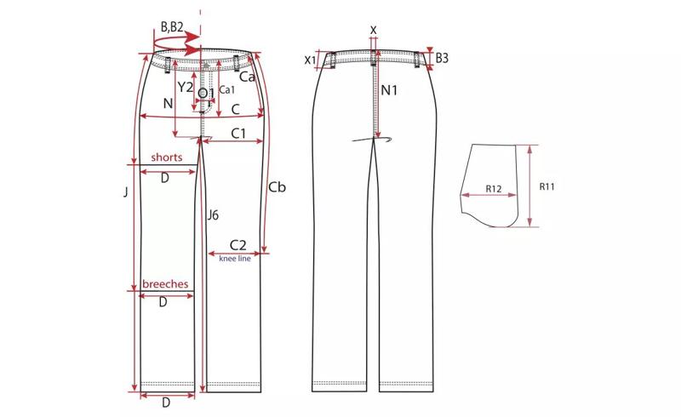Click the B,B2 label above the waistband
tap(172, 27)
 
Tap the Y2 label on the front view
tap(186, 88)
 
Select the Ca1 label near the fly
tap(226, 89)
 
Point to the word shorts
tap(167, 157)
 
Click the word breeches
tap(165, 284)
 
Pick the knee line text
tap(235, 259)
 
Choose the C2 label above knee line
tap(237, 245)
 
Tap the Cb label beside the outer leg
tap(278, 187)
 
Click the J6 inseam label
tap(213, 214)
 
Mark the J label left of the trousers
tap(126, 191)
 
